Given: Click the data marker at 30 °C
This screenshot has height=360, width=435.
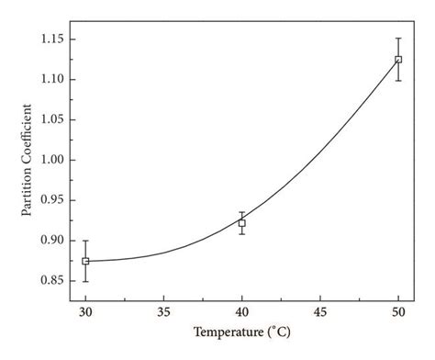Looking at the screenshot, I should [x=85, y=261].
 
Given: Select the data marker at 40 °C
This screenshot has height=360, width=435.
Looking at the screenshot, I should [x=242, y=223].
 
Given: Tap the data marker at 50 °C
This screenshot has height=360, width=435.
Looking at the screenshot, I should [x=398, y=60].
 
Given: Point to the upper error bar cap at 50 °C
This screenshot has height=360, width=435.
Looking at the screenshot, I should [x=398, y=39].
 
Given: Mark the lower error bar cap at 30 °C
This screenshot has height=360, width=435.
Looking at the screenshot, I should [x=85, y=281].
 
